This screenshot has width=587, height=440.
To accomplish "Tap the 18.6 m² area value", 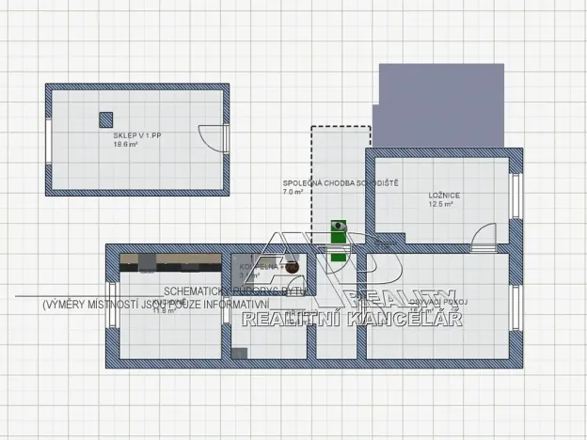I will tap(125, 145).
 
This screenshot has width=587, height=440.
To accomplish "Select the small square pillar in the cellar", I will tap(106, 118).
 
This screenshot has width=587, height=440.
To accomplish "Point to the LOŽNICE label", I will tap(442, 195).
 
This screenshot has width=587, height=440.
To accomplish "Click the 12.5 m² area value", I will tap(441, 204).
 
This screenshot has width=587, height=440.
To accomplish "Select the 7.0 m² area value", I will tap(293, 192).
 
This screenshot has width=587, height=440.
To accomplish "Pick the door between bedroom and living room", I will tap(485, 237).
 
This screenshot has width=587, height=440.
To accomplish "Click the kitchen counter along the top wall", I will tap(169, 259).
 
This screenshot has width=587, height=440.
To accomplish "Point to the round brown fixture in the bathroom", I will tap(293, 268).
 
